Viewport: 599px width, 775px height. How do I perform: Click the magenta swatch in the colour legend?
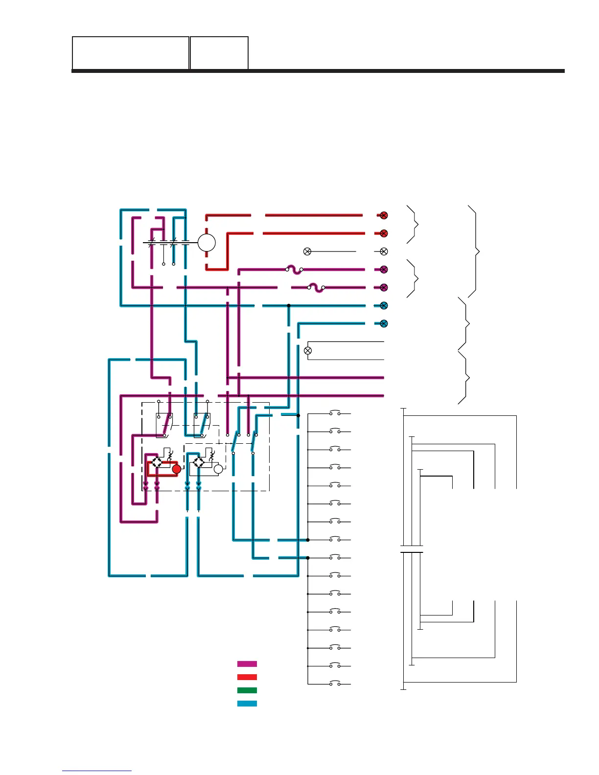click(x=247, y=664)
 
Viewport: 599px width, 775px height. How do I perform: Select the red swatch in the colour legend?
click(x=247, y=677)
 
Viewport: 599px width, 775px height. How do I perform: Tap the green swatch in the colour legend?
click(x=247, y=690)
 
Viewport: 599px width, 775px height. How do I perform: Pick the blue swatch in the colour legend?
click(x=247, y=704)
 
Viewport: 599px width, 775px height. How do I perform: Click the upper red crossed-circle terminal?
click(x=384, y=215)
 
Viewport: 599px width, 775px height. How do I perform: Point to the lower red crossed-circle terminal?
click(x=384, y=233)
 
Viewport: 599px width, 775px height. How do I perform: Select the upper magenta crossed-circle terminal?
click(x=384, y=270)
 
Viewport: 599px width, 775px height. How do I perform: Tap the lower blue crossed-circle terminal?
click(x=384, y=323)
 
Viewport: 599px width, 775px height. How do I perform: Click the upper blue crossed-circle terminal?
click(x=384, y=306)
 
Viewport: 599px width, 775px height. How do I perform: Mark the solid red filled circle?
click(x=177, y=469)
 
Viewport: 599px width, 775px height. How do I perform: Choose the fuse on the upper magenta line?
click(x=294, y=270)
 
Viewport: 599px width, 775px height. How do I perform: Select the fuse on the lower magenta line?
click(x=316, y=288)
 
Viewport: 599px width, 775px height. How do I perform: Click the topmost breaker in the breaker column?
click(x=335, y=413)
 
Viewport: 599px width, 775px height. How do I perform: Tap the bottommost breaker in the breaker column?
click(x=335, y=684)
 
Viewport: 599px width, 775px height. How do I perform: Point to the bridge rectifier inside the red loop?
click(x=157, y=462)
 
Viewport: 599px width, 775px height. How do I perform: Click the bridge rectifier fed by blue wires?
click(x=199, y=462)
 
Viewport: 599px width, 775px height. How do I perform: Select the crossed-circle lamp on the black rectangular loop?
click(x=308, y=350)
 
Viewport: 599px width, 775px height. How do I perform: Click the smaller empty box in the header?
click(x=219, y=53)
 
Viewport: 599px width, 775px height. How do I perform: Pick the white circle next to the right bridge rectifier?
click(x=218, y=469)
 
